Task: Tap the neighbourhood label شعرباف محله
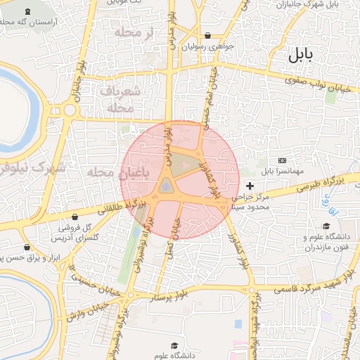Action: click(x=120, y=100)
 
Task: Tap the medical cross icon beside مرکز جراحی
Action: click(x=250, y=186)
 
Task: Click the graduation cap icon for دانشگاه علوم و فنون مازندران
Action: click(x=326, y=226)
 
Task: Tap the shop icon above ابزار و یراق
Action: click(x=27, y=247)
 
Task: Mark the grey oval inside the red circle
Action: click(x=166, y=186)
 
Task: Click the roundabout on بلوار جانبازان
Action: click(x=70, y=110)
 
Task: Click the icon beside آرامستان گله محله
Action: click(x=27, y=12)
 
